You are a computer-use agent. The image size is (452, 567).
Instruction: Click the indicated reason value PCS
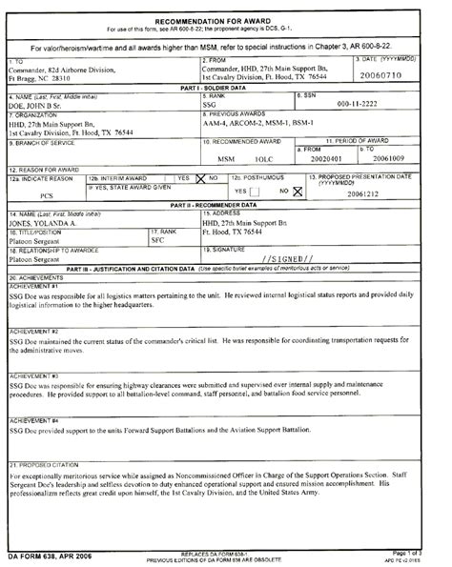(x=46, y=193)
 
